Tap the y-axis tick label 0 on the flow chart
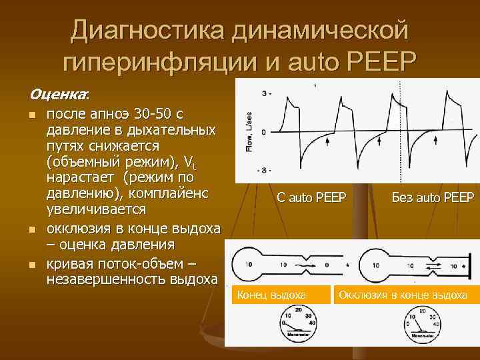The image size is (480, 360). (x=264, y=132)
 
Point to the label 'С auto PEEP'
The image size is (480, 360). (x=311, y=197)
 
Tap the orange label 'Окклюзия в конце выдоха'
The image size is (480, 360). (x=403, y=294)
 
